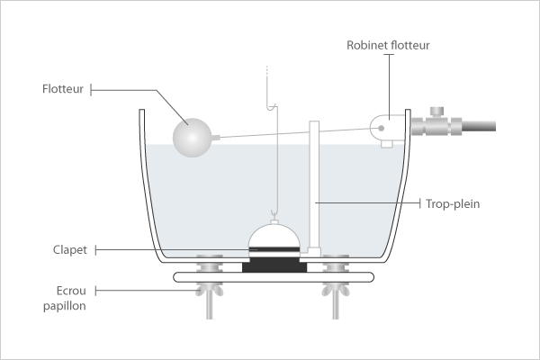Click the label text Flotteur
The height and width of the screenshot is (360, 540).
coord(63,89)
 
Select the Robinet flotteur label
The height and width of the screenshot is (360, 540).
coord(388,43)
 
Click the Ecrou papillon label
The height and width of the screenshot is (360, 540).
coord(67,298)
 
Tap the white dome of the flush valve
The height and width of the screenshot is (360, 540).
coord(273,236)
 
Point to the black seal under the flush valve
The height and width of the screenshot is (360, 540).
coord(273,266)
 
